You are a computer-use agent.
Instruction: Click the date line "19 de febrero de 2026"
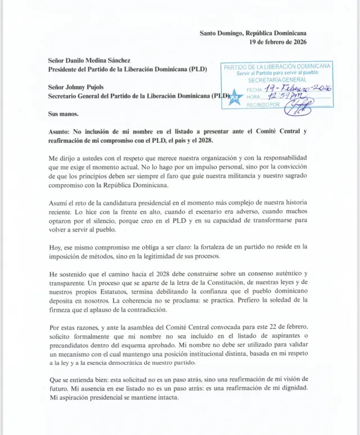pos(278,42)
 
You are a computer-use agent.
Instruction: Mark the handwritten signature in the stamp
pos(299,106)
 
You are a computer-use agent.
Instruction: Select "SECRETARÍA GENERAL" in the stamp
pos(277,80)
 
